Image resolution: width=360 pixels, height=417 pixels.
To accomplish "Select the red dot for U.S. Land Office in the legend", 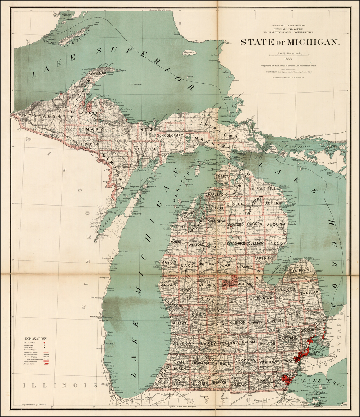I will [45, 342].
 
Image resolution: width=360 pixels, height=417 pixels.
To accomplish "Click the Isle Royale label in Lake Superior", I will [75, 37].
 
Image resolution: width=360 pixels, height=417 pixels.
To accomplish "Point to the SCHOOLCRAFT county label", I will [171, 135].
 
